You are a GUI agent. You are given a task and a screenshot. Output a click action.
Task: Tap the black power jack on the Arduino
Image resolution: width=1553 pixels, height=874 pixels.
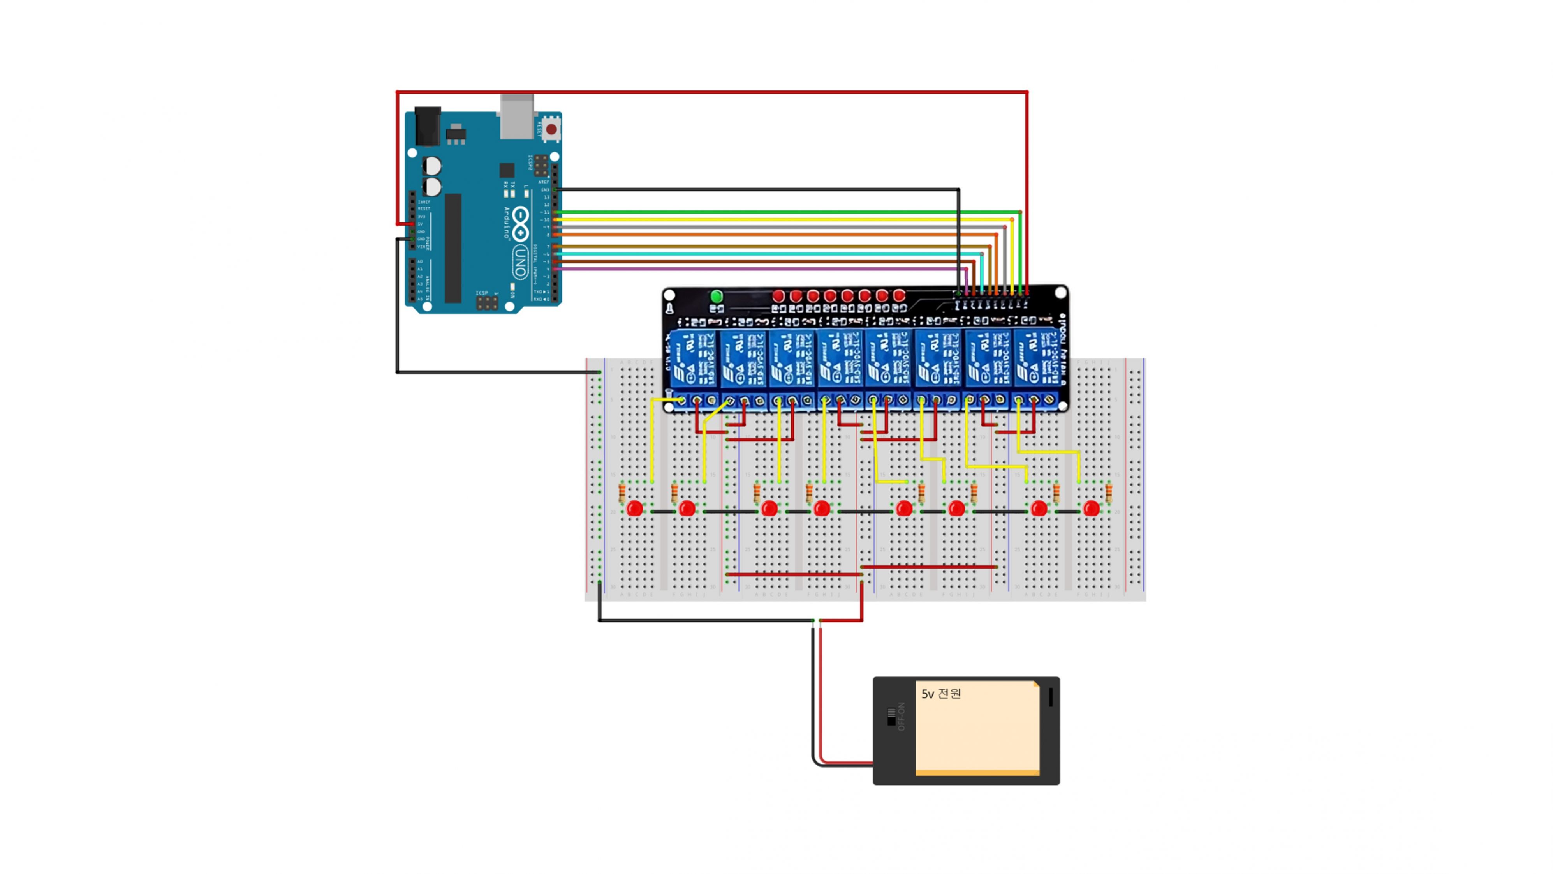pyautogui.click(x=428, y=125)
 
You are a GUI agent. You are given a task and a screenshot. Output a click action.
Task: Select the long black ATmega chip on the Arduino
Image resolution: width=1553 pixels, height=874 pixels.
pyautogui.click(x=453, y=248)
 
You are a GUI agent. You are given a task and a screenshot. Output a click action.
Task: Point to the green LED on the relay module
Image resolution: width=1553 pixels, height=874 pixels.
pyautogui.click(x=716, y=296)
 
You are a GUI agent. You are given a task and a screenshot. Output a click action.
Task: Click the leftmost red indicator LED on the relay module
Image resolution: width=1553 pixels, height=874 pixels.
pyautogui.click(x=778, y=296)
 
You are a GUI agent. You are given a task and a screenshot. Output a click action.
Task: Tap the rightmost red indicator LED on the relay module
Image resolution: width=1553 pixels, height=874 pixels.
pyautogui.click(x=899, y=296)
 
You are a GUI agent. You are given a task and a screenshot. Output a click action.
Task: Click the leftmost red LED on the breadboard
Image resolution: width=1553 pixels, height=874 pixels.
pyautogui.click(x=634, y=509)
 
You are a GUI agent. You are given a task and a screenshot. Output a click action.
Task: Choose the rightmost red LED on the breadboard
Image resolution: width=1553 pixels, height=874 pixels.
pyautogui.click(x=1091, y=509)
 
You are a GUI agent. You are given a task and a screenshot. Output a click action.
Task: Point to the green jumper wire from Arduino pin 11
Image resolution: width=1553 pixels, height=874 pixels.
pyautogui.click(x=784, y=212)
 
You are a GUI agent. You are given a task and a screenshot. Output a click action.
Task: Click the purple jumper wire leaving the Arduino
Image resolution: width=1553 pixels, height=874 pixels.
pyautogui.click(x=760, y=269)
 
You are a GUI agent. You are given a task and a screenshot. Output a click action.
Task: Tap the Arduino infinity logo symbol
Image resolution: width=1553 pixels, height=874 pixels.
pyautogui.click(x=521, y=223)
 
